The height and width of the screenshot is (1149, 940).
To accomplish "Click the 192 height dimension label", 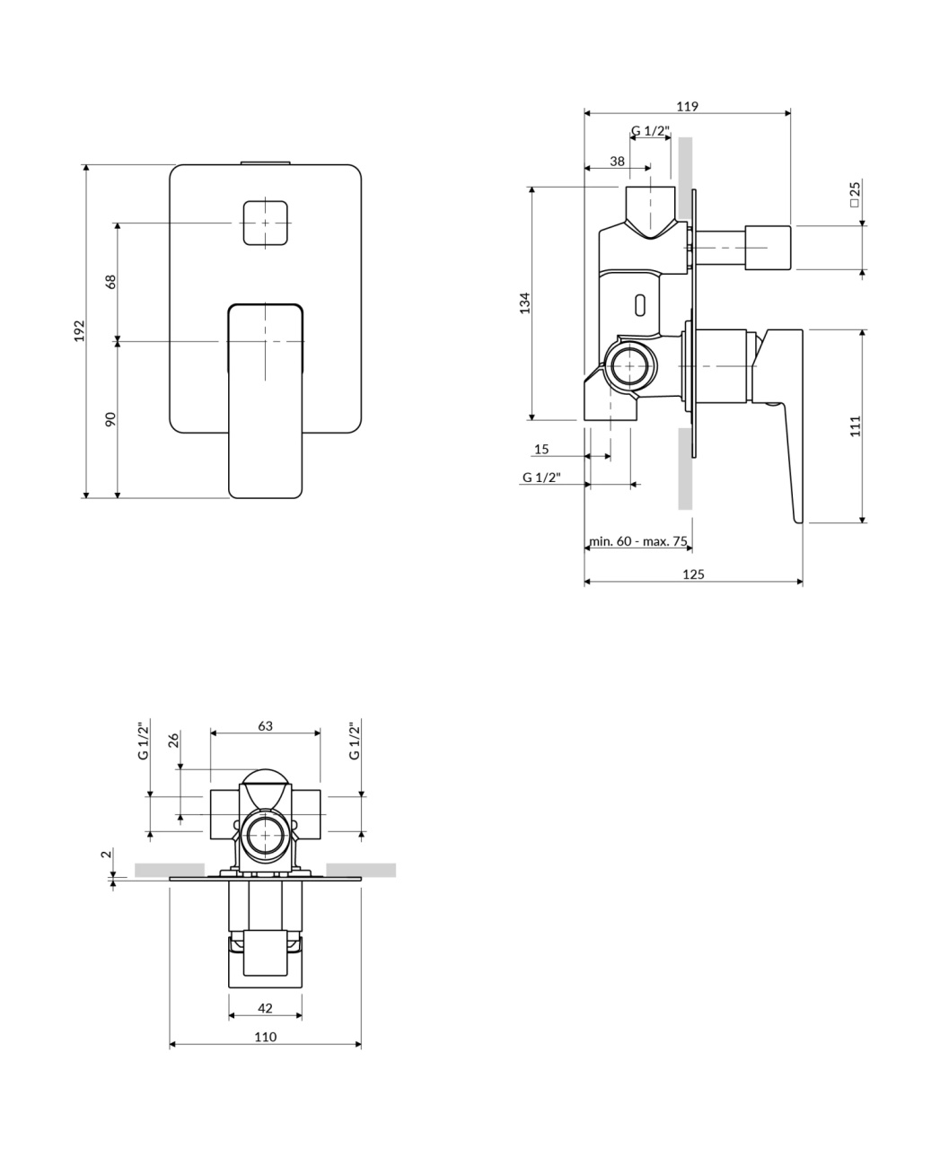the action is pos(80,330).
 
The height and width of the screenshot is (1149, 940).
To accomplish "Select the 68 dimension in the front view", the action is pos(110,282).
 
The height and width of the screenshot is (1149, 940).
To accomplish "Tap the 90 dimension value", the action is pos(110,419).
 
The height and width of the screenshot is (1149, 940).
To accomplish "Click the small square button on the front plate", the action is pos(265,223).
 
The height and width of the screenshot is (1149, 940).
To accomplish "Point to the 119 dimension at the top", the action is pos(687,106).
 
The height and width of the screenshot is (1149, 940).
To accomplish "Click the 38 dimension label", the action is pos(617,162).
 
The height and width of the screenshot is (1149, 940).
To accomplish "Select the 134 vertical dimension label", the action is pos(524,303).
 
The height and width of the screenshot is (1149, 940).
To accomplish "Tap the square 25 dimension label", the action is pos(855,194).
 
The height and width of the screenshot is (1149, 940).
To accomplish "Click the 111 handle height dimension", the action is pos(856,426).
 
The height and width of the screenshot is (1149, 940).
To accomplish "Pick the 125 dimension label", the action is pos(693,574).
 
